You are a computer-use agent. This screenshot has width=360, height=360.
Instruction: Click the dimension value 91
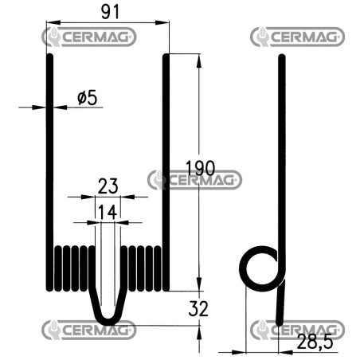[x=110, y=12]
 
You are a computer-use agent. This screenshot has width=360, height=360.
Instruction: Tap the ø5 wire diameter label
[x=88, y=98]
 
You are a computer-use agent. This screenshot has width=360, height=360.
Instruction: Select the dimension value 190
[x=200, y=168]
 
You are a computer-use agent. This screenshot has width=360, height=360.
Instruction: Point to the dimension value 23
[x=108, y=186]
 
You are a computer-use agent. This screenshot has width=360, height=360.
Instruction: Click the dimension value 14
[x=108, y=212]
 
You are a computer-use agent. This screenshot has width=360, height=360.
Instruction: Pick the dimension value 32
[x=198, y=308]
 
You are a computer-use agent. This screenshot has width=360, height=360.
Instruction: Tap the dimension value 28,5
[x=315, y=342]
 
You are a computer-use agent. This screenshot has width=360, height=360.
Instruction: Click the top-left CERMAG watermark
[x=89, y=37]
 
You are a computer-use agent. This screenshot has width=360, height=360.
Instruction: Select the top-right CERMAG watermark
[x=298, y=37]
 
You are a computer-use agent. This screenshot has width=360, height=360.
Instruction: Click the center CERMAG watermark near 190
[x=194, y=180]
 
